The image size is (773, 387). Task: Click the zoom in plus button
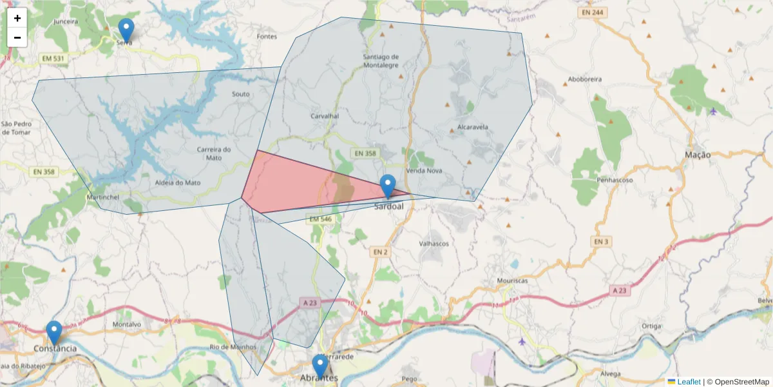coord(17,18)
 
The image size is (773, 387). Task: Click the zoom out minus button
coord(17,37)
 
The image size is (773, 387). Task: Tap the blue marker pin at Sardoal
coord(387,186)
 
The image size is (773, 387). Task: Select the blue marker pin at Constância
coord(54,332)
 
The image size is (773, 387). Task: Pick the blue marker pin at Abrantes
coord(320,366)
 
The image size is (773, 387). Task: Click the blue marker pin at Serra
coord(126,30)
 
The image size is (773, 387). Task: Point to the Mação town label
coord(698,155)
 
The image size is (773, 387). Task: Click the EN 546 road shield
coord(320,220)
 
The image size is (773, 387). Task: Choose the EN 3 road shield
coord(600,241)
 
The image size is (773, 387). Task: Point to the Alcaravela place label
coord(472,127)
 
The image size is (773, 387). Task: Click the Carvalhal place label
coord(325,116)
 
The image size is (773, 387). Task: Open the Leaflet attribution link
coord(688,382)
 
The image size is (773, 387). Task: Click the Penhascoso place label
coord(615,179)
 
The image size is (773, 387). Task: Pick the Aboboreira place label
coord(584,81)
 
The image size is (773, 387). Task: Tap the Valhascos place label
coord(434,244)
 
